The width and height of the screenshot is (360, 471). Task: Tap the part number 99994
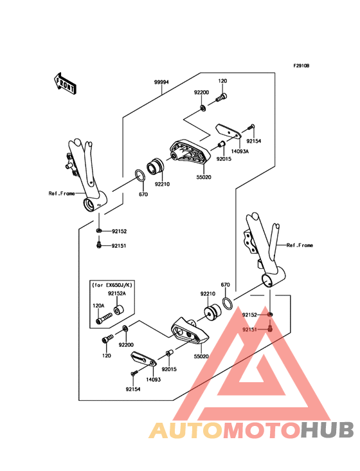tap(161, 82)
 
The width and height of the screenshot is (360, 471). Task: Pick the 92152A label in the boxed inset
tap(116, 293)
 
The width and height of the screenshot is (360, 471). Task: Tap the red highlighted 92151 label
tap(250, 329)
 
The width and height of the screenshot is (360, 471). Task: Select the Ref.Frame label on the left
tap(61, 193)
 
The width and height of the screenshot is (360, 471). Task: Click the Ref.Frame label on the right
tap(300, 245)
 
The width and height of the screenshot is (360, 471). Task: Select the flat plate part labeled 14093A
tap(228, 132)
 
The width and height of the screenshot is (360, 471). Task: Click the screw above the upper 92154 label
tap(252, 127)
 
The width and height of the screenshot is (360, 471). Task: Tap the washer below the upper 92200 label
tap(203, 107)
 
